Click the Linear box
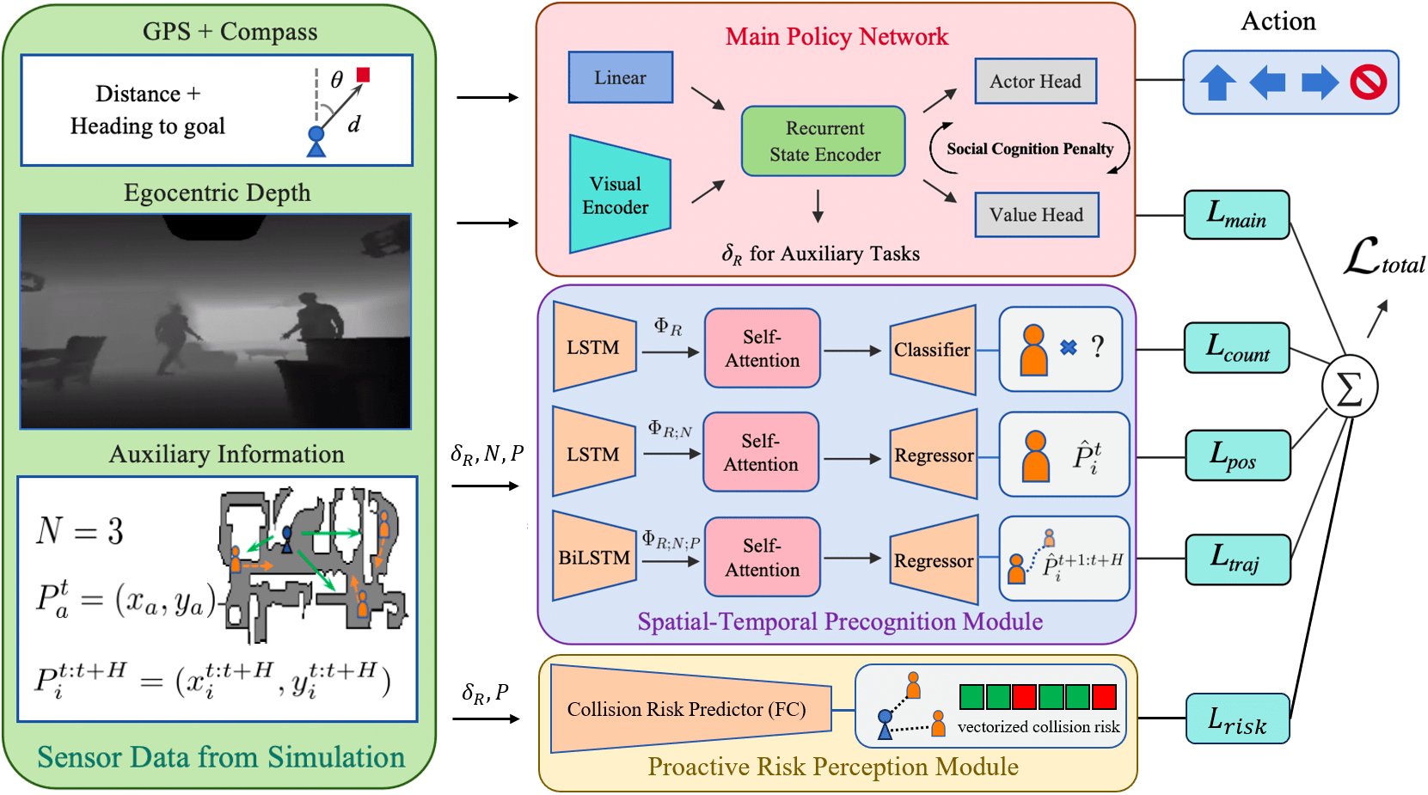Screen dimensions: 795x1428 click(x=620, y=77)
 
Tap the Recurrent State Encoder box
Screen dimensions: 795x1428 click(x=823, y=142)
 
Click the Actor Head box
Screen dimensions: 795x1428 click(x=1035, y=82)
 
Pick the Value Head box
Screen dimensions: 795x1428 click(x=1036, y=215)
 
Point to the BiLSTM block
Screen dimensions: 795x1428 click(x=594, y=558)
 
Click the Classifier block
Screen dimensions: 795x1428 click(x=932, y=350)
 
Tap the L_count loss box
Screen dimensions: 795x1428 click(x=1236, y=348)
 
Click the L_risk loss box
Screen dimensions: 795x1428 click(x=1236, y=719)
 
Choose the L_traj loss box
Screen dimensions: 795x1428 click(x=1236, y=560)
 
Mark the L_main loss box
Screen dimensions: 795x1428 click(x=1236, y=215)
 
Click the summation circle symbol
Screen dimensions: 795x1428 click(x=1349, y=388)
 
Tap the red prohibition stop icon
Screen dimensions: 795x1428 click(x=1367, y=83)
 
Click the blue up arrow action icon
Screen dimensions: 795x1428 click(x=1217, y=83)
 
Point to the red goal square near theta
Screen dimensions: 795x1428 click(x=364, y=75)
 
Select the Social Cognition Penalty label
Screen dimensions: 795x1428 click(x=1029, y=149)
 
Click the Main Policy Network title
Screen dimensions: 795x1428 click(x=836, y=37)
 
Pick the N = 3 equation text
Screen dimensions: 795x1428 click(x=80, y=531)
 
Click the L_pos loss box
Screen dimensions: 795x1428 click(x=1236, y=455)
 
